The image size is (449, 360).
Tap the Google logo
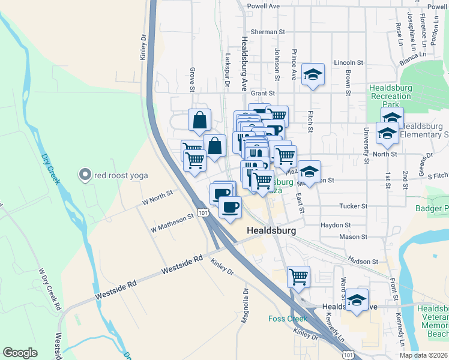point(20,353)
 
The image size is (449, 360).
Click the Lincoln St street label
point(349,62)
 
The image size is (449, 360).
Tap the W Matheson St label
point(172,221)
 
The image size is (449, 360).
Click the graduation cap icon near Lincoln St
point(312,75)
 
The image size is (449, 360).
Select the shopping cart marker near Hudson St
point(298,277)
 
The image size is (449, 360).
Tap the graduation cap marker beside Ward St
point(357,300)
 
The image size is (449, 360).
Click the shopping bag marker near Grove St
point(199,120)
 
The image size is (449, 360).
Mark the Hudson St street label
point(364,262)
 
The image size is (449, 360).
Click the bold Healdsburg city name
point(270,230)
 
